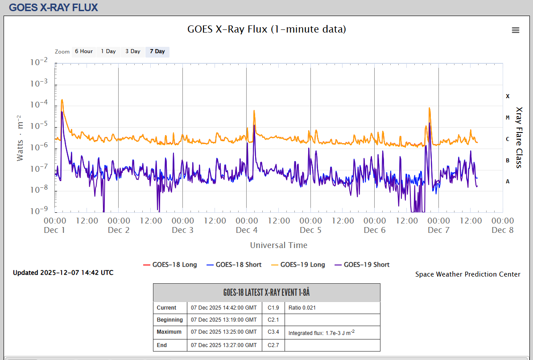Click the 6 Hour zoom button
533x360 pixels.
(83, 51)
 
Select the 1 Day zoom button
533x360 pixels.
(108, 51)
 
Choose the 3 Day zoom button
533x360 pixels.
(133, 51)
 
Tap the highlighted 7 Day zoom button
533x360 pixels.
(157, 51)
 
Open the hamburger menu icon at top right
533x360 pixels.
(516, 30)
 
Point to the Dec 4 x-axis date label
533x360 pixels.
(247, 230)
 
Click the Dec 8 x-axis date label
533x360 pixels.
(502, 230)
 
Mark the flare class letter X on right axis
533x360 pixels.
(508, 96)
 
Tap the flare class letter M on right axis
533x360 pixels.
(508, 118)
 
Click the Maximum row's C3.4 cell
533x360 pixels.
(273, 332)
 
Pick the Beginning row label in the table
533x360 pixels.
(170, 320)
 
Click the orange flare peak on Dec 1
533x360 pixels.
(62, 100)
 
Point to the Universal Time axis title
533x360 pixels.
(279, 245)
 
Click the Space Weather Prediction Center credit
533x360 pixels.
(468, 274)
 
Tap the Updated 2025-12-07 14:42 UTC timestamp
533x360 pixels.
(63, 273)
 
